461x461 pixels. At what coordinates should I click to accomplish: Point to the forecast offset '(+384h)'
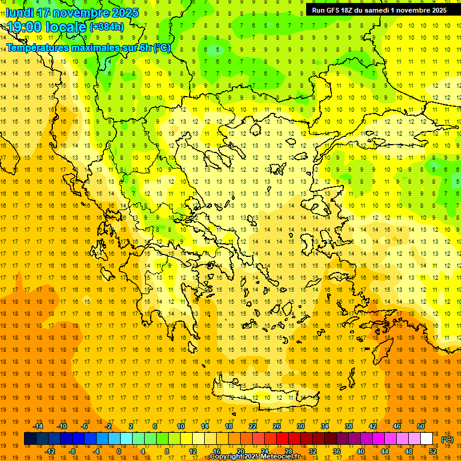pyautogui.click(x=106, y=27)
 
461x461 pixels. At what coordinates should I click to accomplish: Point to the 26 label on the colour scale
pyautogui.click(x=277, y=426)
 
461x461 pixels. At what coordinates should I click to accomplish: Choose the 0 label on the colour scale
pyautogui.click(x=118, y=451)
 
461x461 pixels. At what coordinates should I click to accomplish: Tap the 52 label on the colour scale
pyautogui.click(x=433, y=451)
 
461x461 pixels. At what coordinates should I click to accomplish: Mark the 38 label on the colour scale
pyautogui.click(x=349, y=426)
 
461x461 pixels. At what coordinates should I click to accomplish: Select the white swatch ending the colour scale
pyautogui.click(x=427, y=439)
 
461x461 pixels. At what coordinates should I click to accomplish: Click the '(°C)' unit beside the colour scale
pyautogui.click(x=447, y=439)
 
